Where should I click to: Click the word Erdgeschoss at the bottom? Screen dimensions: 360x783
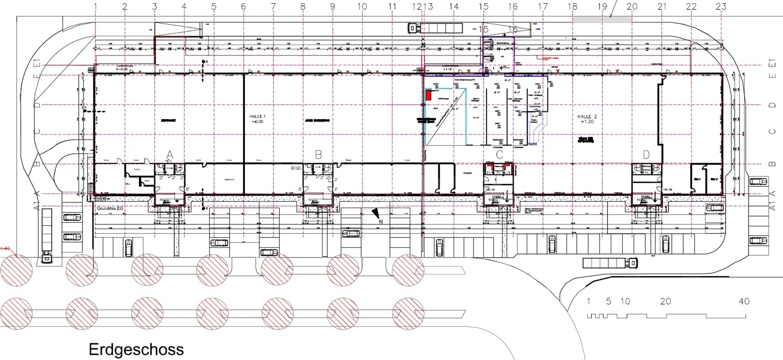click(x=136, y=349)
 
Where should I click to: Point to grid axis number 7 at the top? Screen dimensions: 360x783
click(x=273, y=6)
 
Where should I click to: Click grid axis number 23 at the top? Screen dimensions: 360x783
click(x=721, y=6)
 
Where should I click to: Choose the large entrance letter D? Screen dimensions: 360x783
click(x=646, y=154)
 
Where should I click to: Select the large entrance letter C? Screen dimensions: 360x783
click(x=499, y=154)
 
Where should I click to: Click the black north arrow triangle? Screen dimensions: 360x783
click(x=376, y=213)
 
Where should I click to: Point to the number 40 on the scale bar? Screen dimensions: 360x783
click(x=744, y=302)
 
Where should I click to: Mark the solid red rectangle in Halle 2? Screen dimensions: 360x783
click(x=428, y=95)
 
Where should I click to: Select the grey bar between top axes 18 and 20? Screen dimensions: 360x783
click(x=602, y=19)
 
